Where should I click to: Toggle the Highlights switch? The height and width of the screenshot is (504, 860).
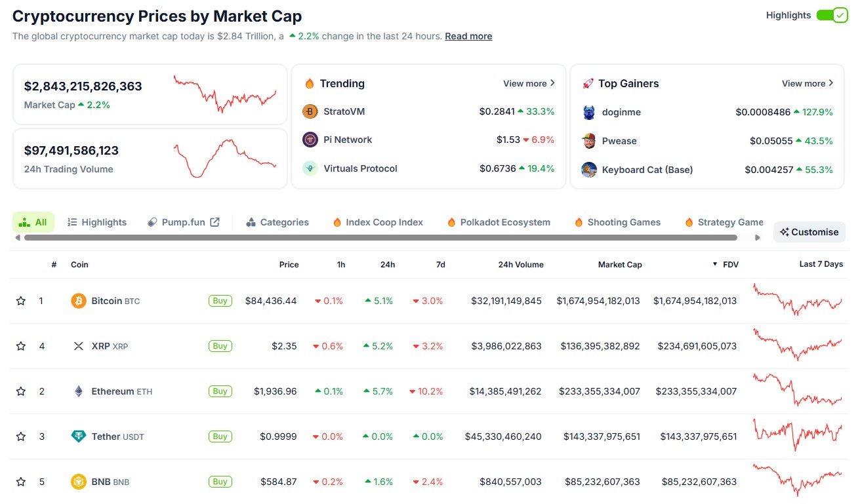click(x=832, y=15)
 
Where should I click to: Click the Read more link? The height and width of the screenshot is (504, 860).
click(x=468, y=36)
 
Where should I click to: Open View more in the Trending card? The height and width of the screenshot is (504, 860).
click(x=529, y=83)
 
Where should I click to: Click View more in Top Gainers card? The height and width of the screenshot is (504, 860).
click(x=808, y=83)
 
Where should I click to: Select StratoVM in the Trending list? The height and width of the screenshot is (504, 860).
click(x=344, y=111)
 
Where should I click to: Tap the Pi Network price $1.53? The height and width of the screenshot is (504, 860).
click(x=508, y=140)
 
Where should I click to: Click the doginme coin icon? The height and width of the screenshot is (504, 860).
click(x=589, y=112)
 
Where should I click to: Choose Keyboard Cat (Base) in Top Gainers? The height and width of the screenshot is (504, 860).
click(x=647, y=170)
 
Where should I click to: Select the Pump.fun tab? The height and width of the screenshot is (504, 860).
click(x=184, y=222)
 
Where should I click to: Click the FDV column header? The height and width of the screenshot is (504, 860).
click(x=730, y=264)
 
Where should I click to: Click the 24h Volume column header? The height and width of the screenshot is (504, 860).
click(x=520, y=264)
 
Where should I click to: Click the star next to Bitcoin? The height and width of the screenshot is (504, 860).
click(x=21, y=301)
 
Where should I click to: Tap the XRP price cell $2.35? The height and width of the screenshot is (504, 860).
click(x=284, y=346)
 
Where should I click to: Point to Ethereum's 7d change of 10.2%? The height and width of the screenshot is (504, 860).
click(x=426, y=391)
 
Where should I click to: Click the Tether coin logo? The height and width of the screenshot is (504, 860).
click(x=79, y=436)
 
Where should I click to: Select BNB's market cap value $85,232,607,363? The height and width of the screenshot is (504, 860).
click(x=602, y=482)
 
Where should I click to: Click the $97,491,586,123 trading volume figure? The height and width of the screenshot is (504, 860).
click(x=72, y=151)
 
